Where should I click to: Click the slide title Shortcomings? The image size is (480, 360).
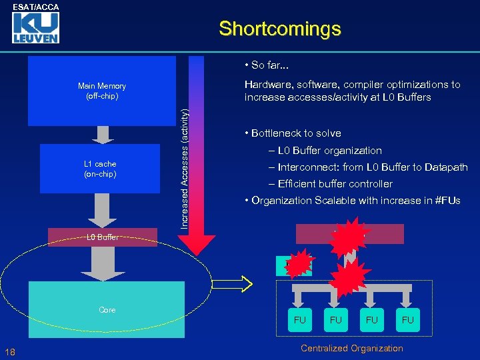coord(279,29)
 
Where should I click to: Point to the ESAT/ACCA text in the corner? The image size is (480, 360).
coord(36,7)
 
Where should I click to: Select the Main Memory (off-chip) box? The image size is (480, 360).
coord(101,91)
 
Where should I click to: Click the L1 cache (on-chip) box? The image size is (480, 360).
coord(100,169)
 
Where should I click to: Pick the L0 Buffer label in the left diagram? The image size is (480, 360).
coord(103,237)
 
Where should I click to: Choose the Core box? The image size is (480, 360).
coord(106,310)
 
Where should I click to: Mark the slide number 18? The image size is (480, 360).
coord(9,352)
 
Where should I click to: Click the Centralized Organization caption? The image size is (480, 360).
coord(352,348)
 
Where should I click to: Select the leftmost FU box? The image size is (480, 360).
coord(300,320)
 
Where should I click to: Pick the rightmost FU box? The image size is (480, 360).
coord(408,320)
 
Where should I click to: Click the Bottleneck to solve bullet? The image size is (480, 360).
coord(293,133)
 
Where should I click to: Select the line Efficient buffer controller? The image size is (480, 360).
coord(331,184)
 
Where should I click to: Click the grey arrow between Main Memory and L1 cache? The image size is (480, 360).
coord(103,135)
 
